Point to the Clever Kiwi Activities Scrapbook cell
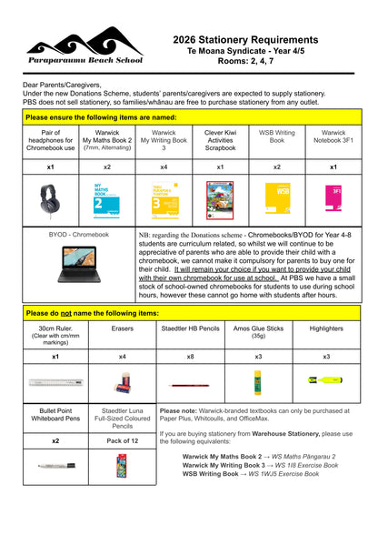click(x=220, y=141)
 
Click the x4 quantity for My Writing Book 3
click(x=164, y=167)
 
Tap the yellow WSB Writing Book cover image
click(x=276, y=199)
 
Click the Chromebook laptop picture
click(x=79, y=263)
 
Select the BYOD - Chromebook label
click(x=79, y=235)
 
